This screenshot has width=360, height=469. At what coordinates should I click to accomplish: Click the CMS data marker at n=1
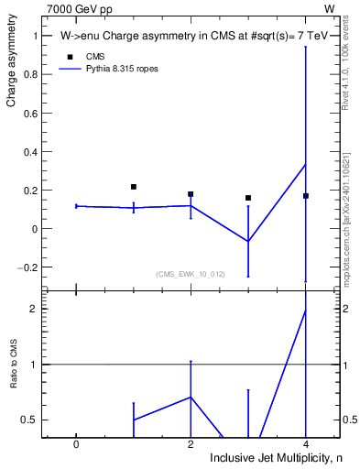coord(134,187)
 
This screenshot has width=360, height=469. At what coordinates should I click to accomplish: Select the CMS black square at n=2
coord(191,194)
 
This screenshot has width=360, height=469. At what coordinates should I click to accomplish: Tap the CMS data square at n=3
coord(248,198)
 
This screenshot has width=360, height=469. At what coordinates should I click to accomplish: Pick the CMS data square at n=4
coord(306,196)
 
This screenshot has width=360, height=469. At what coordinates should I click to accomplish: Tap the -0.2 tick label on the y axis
coord(27,267)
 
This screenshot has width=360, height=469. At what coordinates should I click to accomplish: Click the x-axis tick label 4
coord(306,443)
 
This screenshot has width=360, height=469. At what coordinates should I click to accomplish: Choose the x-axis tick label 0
coord(76,443)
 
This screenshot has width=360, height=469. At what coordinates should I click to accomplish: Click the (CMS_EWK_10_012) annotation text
coord(191,274)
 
